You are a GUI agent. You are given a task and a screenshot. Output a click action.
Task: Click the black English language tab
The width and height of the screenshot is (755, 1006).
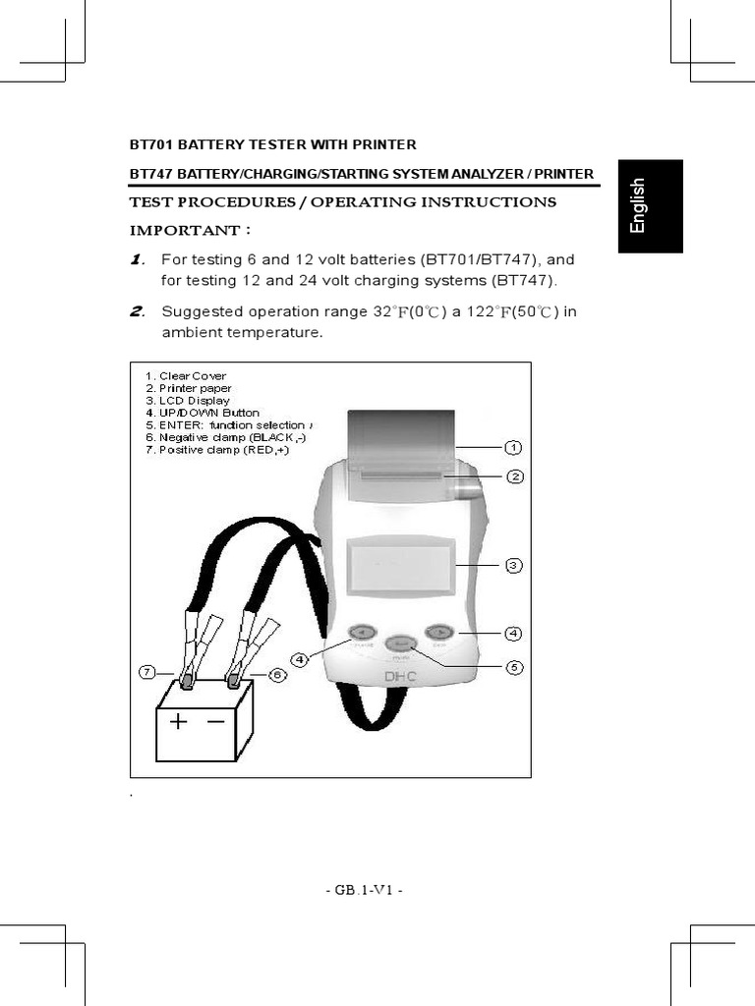pos(650,206)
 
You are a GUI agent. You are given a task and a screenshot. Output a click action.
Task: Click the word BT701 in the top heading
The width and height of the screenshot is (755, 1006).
pos(151,144)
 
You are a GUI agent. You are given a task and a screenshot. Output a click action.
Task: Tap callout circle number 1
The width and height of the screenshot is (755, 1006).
pos(513,448)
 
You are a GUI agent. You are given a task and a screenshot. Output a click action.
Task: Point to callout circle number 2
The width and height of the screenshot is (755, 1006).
pos(513,476)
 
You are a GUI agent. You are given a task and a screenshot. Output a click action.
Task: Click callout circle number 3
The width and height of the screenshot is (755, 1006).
pos(513,565)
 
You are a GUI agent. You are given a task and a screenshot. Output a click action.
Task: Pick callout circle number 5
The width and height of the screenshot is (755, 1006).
pos(513,667)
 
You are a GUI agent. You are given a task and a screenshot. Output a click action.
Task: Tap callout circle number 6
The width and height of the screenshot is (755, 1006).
pos(276,675)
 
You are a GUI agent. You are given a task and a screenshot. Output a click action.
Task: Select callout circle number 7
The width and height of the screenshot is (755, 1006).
pos(146,672)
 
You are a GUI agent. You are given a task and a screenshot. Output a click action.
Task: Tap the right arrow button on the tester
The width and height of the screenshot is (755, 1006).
pos(438,632)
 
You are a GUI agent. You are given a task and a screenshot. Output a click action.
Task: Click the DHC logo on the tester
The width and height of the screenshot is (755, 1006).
pos(401,676)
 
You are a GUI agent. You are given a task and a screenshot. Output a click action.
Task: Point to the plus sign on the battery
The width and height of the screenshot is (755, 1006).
pos(178,722)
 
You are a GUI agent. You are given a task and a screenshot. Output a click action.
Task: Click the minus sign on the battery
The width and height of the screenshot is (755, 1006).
pos(215,721)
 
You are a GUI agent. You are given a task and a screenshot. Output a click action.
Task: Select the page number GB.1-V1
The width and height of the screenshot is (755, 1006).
pos(364,890)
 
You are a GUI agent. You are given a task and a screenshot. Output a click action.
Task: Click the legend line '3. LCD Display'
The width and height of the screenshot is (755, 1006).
pos(187,401)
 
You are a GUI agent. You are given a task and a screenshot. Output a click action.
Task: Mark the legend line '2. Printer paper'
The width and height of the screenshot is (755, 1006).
pos(188,388)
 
